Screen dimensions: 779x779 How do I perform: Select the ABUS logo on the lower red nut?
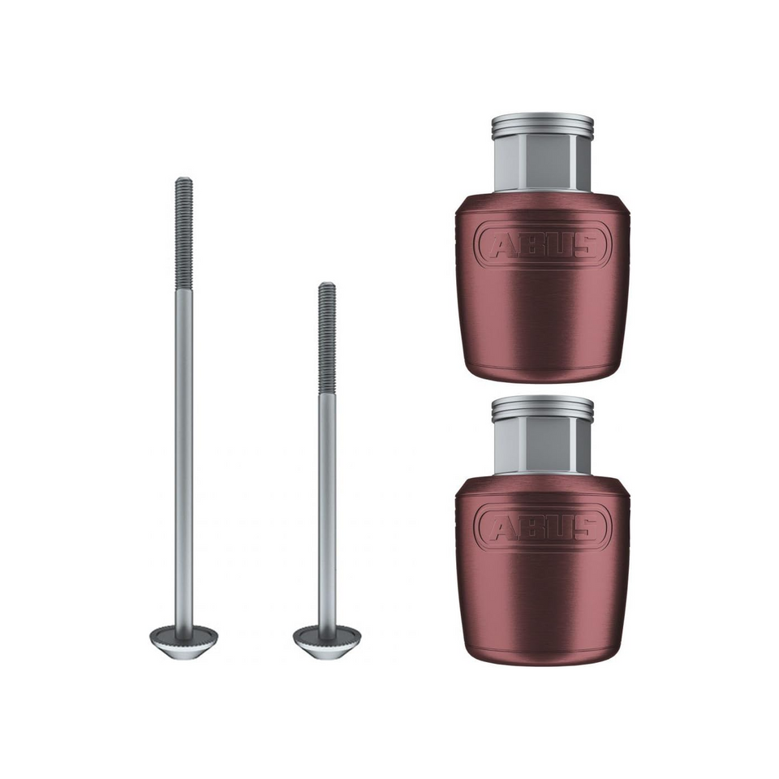543,527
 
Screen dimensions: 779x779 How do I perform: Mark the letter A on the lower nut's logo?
500,527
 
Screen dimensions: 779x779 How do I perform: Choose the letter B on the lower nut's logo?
529,527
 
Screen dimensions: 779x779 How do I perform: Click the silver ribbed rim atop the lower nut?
543,408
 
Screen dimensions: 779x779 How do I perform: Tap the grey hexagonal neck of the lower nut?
543,446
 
